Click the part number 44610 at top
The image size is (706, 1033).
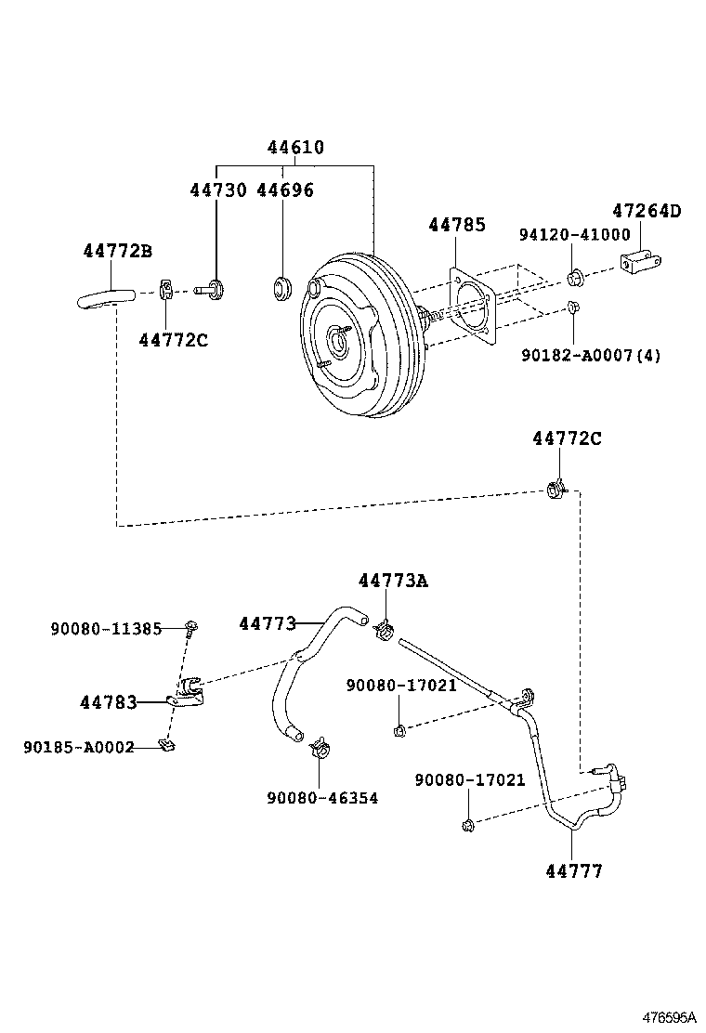pos(295,148)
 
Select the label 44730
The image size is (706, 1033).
pos(218,190)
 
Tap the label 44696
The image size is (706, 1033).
pos(284,190)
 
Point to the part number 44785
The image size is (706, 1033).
pos(456,225)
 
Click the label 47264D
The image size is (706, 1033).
pos(646,211)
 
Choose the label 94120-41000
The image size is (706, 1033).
pos(574,235)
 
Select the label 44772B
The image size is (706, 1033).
pos(117,251)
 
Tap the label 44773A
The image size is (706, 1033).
pos(393,581)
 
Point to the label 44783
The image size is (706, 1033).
pos(108,703)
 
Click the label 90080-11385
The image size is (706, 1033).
pos(105,629)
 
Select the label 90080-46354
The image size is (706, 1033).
pos(321,797)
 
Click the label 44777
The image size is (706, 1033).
pos(573,870)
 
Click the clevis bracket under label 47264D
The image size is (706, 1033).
pos(641,265)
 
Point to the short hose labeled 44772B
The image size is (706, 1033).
pos(104,297)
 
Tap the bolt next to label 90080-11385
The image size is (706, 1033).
pos(190,629)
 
